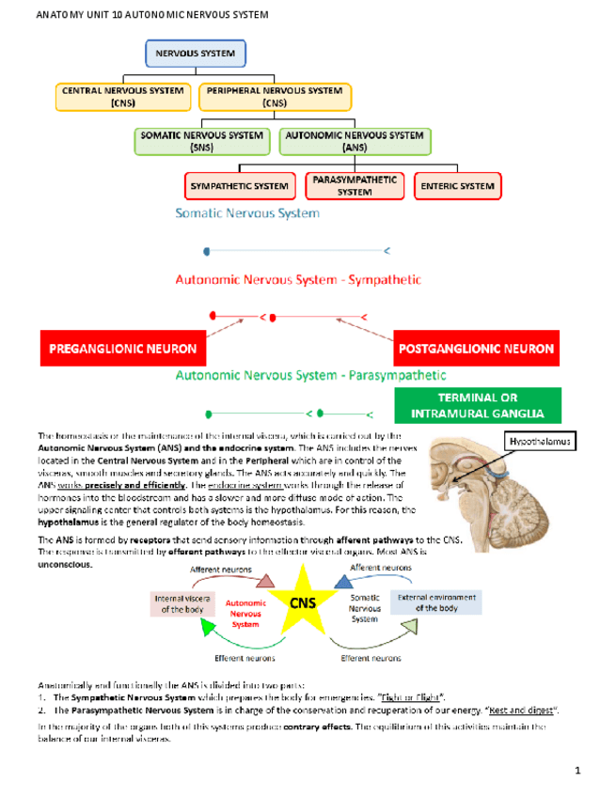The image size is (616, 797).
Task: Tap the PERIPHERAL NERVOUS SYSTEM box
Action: [275, 97]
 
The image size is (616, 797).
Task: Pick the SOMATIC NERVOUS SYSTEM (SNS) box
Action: [202, 141]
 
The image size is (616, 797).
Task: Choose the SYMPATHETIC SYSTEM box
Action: [239, 186]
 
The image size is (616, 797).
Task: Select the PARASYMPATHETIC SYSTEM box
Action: [355, 185]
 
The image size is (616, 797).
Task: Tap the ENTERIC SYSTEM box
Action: [458, 186]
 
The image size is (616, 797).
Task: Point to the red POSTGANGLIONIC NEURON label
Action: [477, 349]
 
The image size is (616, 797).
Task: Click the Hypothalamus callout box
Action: [539, 440]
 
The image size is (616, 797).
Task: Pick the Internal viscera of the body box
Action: [182, 602]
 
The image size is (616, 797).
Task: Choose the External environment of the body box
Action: [435, 602]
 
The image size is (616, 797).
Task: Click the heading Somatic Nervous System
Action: [247, 213]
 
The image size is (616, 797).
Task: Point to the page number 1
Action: [578, 772]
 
